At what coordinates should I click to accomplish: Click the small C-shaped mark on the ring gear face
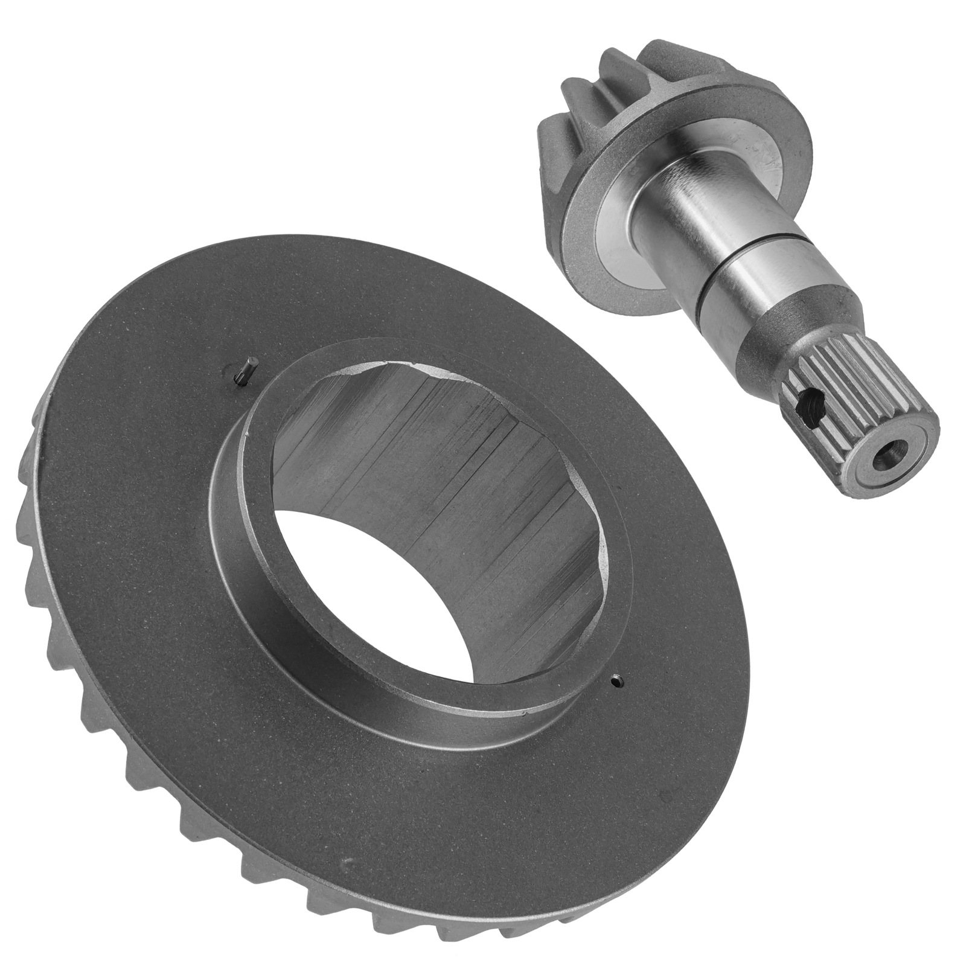[344, 864]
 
